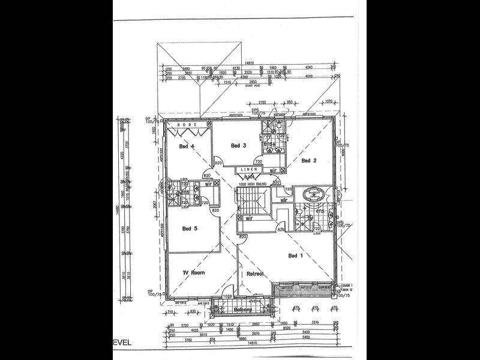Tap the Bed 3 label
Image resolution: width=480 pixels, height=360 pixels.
239,145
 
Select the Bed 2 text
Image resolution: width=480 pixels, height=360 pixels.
309,160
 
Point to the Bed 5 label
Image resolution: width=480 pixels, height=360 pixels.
190,228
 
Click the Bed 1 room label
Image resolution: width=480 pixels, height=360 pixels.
295,256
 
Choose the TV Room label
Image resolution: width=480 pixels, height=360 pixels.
194,273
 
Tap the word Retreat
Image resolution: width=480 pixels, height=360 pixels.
255,274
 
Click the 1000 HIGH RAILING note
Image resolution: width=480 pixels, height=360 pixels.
251,184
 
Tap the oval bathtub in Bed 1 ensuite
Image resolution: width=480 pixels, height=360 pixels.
314,194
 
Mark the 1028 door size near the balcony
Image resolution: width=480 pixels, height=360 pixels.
227,296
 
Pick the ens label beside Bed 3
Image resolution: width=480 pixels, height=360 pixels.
270,144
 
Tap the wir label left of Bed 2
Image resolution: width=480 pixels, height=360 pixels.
273,170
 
